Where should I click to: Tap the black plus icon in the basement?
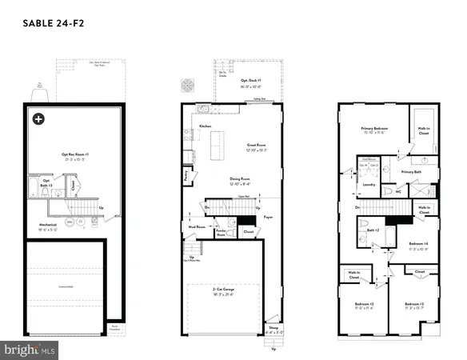tap(38, 119)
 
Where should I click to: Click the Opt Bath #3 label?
tap(46, 182)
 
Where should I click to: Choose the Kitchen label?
tap(205, 126)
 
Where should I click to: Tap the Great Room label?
tap(255, 146)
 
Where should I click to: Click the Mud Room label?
tap(194, 226)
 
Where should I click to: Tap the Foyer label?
tap(269, 215)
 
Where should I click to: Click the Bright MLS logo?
tap(30, 350)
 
